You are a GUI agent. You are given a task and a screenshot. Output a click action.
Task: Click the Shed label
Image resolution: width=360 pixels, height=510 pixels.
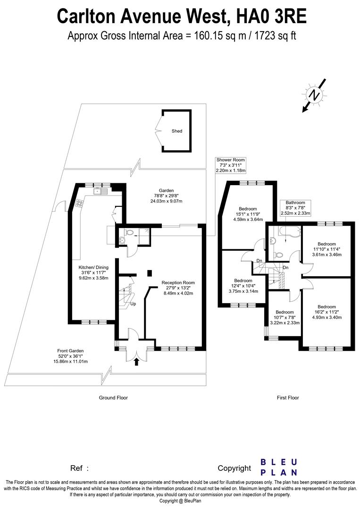coord(177,131)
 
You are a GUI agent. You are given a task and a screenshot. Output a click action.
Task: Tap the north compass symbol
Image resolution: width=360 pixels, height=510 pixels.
coord(313,95)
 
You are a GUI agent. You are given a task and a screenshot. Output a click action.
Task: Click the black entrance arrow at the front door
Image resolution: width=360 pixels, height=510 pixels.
coord(137,362)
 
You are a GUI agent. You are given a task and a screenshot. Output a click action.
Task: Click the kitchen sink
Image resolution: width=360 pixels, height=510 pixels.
coord(100,191)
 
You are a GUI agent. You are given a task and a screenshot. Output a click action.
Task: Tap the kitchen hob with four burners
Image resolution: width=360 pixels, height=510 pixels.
coord(80,204)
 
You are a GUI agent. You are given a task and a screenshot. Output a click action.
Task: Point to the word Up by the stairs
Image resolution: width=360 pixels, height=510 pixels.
coord(133,304)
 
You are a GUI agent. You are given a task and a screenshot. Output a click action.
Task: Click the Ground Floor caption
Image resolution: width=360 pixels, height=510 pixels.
coord(113,398)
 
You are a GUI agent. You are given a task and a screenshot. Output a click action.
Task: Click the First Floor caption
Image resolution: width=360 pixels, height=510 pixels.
coord(288,398)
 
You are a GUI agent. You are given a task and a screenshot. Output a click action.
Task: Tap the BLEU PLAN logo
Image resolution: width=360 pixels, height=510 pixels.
coord(279,467)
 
